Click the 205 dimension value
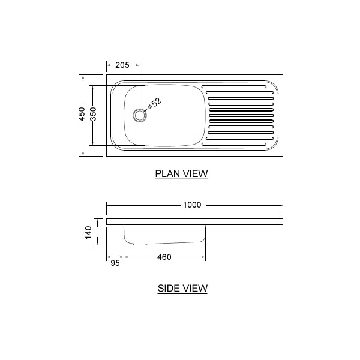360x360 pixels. click(x=122, y=65)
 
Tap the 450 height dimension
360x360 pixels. click(x=82, y=114)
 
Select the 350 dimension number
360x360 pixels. click(x=93, y=114)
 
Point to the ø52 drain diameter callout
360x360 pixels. click(x=155, y=104)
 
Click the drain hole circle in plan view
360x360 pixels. click(x=139, y=115)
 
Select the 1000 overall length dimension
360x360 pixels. click(x=192, y=205)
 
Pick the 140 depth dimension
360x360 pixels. click(x=88, y=232)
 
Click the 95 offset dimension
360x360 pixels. click(x=115, y=263)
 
